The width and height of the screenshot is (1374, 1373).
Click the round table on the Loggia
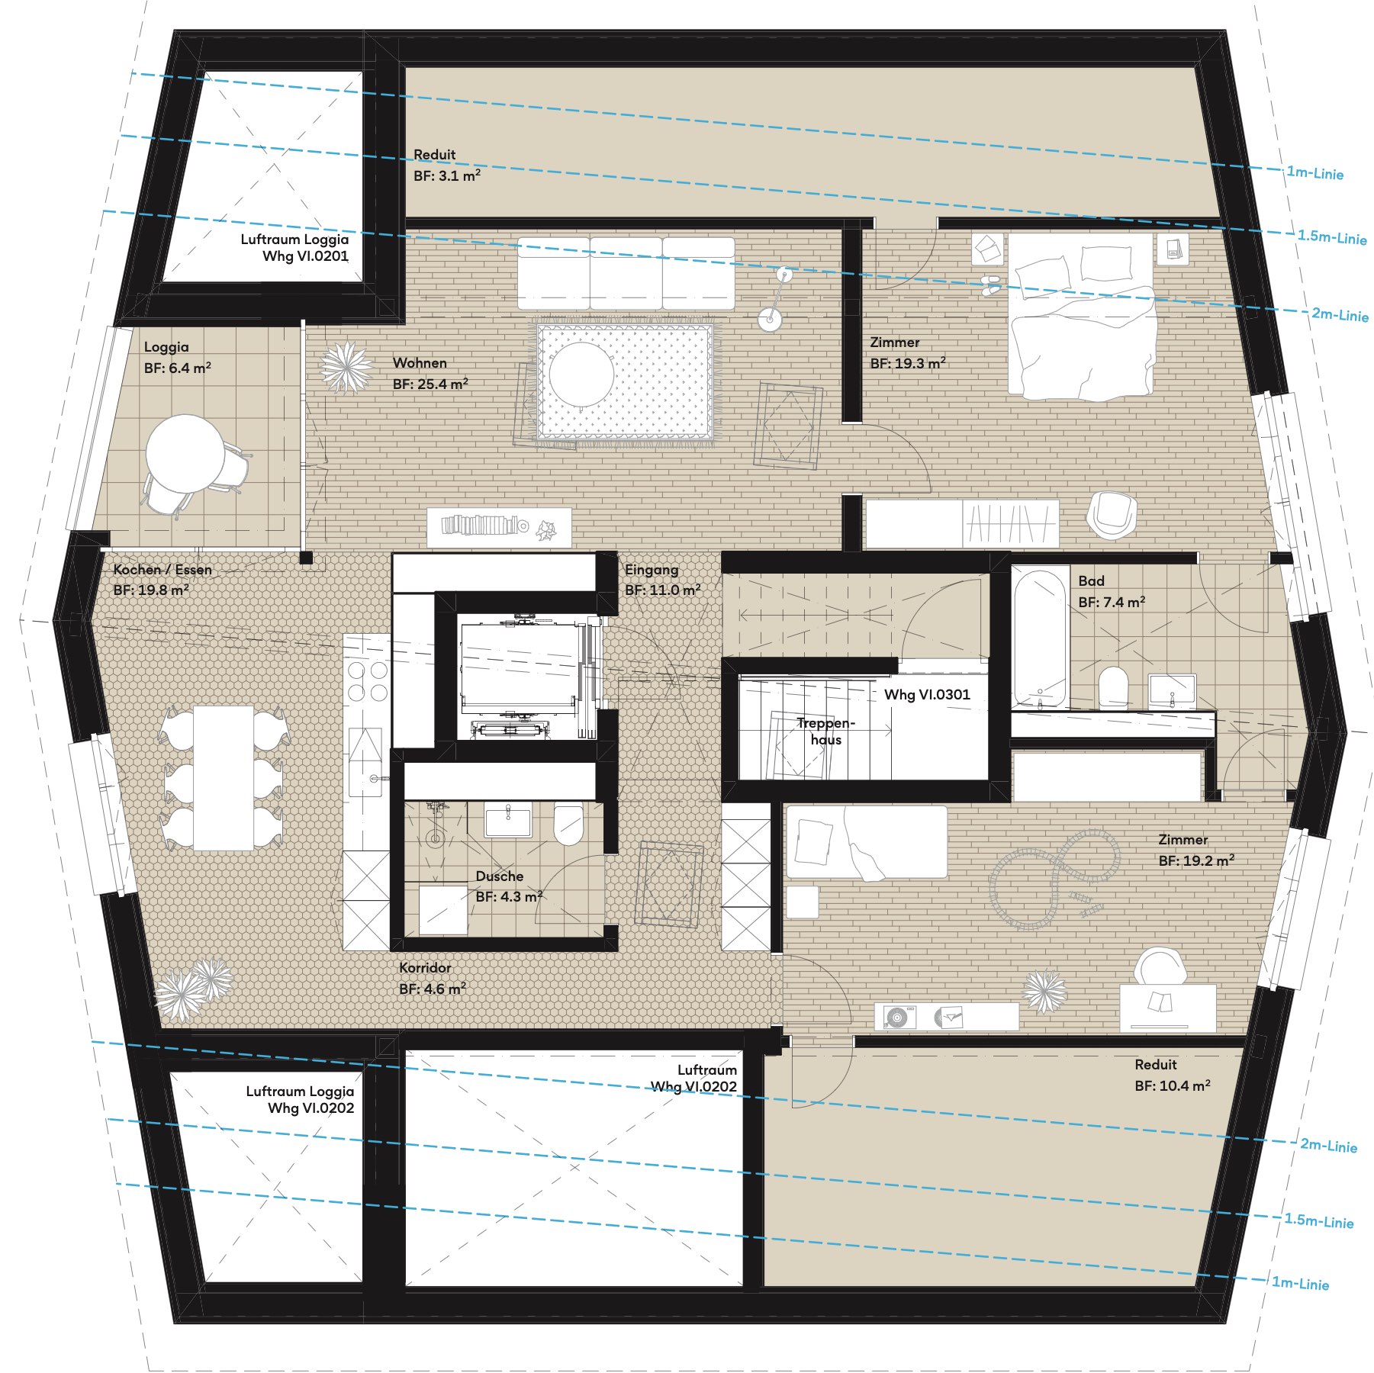(x=185, y=453)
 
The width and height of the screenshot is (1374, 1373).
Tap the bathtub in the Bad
(x=1039, y=638)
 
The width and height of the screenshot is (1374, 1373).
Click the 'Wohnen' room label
(x=420, y=362)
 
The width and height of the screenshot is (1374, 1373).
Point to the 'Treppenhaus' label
(x=826, y=731)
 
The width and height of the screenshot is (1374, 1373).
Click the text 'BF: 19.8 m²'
(x=151, y=590)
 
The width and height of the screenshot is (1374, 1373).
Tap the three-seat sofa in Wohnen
(x=626, y=273)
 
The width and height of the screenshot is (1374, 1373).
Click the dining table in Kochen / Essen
(x=224, y=778)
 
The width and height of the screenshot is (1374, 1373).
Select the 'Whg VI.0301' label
(x=927, y=694)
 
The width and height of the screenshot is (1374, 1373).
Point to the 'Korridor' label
(x=425, y=967)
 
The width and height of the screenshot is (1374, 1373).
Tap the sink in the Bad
(x=1172, y=690)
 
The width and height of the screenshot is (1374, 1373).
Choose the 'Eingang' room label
(x=652, y=570)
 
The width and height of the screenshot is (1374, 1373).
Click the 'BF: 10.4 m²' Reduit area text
(x=1173, y=1085)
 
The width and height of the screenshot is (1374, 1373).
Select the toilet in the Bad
(x=1113, y=686)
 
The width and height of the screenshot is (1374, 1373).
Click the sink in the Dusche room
(x=508, y=820)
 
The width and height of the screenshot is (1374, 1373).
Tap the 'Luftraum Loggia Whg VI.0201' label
(x=294, y=247)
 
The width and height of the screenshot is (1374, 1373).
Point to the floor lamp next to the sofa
(x=777, y=297)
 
